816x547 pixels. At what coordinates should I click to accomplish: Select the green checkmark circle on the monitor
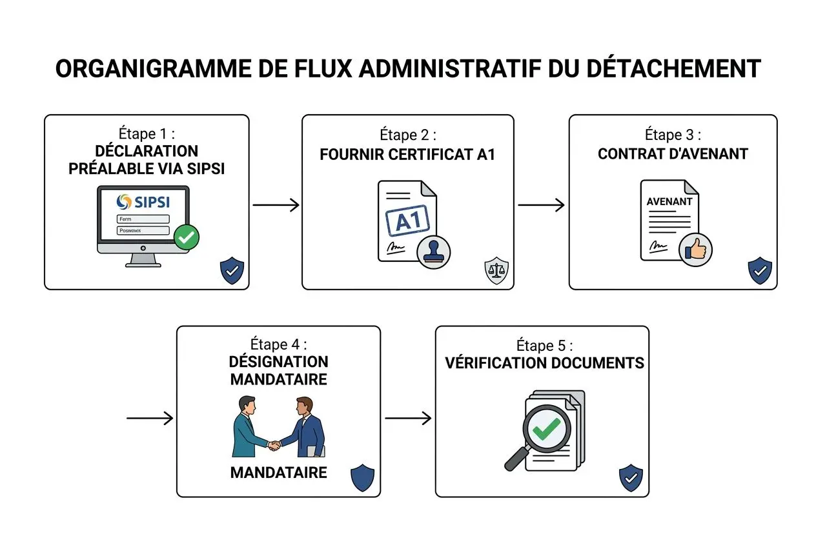(187, 237)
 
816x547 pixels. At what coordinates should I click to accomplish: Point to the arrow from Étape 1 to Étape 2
(276, 205)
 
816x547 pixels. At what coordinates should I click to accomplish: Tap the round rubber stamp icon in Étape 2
(434, 252)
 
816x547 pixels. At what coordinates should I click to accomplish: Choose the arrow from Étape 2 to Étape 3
(541, 205)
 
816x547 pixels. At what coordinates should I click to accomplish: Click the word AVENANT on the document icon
(669, 201)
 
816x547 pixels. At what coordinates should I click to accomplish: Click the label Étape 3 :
(673, 135)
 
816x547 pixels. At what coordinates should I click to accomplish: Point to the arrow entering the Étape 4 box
(150, 419)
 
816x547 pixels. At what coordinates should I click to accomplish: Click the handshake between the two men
(275, 444)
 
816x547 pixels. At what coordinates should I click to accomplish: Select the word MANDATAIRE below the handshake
(278, 473)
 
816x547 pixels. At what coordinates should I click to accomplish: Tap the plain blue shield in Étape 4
(362, 479)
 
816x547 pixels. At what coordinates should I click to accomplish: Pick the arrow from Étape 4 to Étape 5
(408, 419)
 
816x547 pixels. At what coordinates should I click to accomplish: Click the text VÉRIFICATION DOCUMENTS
(544, 363)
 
